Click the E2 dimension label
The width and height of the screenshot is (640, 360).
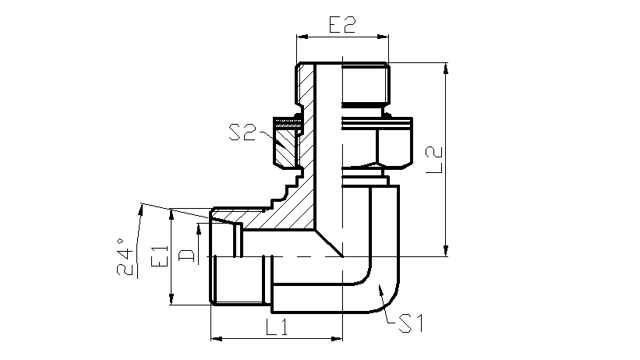[x=342, y=24]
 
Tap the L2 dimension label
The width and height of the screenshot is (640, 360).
[x=434, y=160]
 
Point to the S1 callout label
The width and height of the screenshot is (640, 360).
[x=411, y=323]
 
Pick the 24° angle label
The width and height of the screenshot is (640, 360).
[x=126, y=256]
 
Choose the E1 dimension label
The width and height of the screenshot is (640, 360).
[x=160, y=256]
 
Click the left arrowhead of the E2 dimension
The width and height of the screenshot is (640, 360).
[x=302, y=37]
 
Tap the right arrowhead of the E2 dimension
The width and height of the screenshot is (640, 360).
[x=383, y=37]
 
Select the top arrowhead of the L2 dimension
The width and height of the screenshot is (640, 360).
[x=446, y=69]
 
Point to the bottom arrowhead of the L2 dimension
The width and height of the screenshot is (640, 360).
[x=446, y=251]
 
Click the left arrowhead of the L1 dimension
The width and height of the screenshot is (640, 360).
[x=217, y=338]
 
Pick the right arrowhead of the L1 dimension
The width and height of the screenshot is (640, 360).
[x=337, y=338]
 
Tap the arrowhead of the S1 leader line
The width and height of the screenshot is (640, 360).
[x=380, y=290]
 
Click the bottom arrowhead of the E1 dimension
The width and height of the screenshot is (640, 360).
[x=171, y=299]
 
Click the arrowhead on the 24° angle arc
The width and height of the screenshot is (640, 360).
[x=141, y=210]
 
